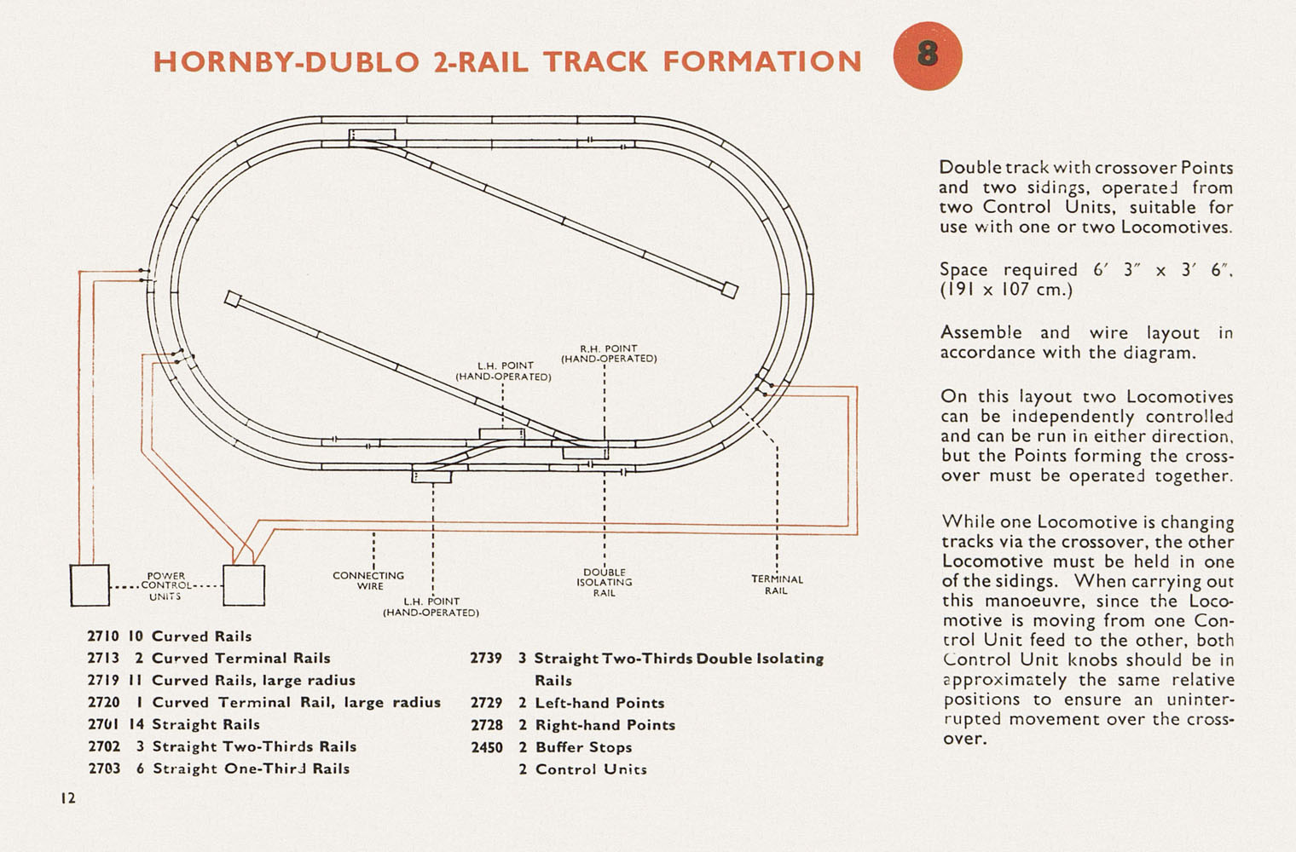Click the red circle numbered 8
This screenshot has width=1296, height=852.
[x=928, y=56]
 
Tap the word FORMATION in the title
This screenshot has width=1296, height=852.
[x=762, y=62]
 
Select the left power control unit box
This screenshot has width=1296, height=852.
[x=90, y=585]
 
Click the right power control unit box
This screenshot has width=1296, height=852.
[x=244, y=585]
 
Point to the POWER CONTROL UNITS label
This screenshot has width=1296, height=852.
[x=166, y=585]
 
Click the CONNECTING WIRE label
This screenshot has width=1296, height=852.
[x=368, y=581]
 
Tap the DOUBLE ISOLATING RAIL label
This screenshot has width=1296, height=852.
[x=605, y=583]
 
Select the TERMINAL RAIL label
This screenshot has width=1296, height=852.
[x=777, y=585]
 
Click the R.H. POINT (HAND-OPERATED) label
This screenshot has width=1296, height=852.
[x=609, y=354]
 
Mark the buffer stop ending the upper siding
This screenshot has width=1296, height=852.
[x=730, y=290]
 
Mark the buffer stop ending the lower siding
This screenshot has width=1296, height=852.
[x=233, y=299]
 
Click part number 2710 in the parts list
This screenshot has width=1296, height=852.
[x=103, y=636]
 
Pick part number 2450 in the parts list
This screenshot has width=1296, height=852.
[x=487, y=747]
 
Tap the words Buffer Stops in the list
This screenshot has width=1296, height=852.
[x=583, y=747]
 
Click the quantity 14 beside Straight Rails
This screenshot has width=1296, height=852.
[x=136, y=724]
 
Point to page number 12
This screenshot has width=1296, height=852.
[x=68, y=798]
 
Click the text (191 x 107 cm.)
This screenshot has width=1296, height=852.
[x=1007, y=289]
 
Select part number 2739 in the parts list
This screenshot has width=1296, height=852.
[x=486, y=659]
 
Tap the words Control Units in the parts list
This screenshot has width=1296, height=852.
[x=591, y=769]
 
